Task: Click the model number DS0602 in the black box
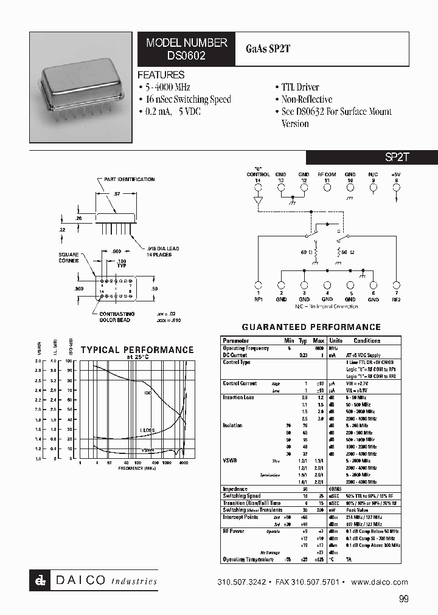186,55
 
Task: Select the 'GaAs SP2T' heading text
268,49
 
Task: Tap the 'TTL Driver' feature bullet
299,88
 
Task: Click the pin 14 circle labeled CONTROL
258,188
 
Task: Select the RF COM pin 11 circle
327,188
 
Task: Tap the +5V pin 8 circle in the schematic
397,188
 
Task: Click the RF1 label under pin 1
258,299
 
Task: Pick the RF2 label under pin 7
397,299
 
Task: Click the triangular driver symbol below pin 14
258,201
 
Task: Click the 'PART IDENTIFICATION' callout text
129,179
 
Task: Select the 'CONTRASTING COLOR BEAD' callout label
116,317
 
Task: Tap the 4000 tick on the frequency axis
184,463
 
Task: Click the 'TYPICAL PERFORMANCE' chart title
137,350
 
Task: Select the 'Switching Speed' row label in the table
243,496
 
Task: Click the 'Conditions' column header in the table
367,340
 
